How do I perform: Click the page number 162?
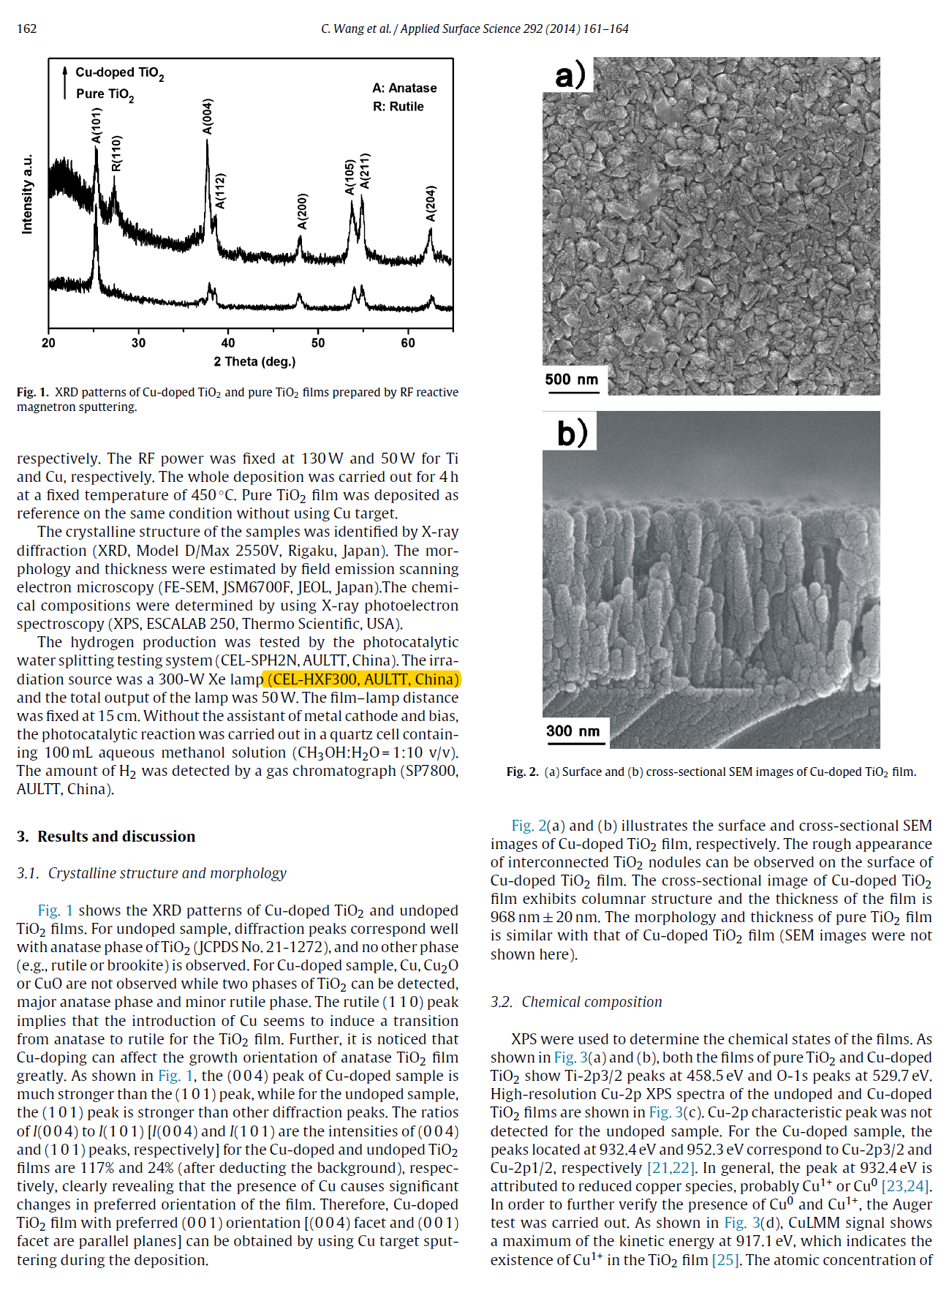point(27,29)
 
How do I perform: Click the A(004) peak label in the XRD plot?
point(207,116)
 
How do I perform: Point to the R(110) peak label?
point(116,154)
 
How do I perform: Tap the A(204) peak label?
point(431,203)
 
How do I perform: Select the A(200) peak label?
point(302,211)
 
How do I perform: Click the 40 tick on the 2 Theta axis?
point(228,343)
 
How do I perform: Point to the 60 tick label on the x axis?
point(408,343)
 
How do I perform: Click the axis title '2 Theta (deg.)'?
point(254,361)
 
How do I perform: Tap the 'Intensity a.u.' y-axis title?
point(28,194)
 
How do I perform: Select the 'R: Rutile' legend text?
point(398,107)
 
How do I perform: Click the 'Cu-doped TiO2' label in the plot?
point(119,73)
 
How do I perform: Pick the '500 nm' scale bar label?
point(571,379)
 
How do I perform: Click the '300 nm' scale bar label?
point(573,731)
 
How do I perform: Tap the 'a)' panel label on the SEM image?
point(570,75)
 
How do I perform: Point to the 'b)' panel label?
point(572,432)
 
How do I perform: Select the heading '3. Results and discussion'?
point(106,837)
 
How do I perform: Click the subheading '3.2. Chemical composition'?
point(576,1002)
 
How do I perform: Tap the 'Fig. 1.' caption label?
point(33,393)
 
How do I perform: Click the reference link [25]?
point(725,1260)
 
